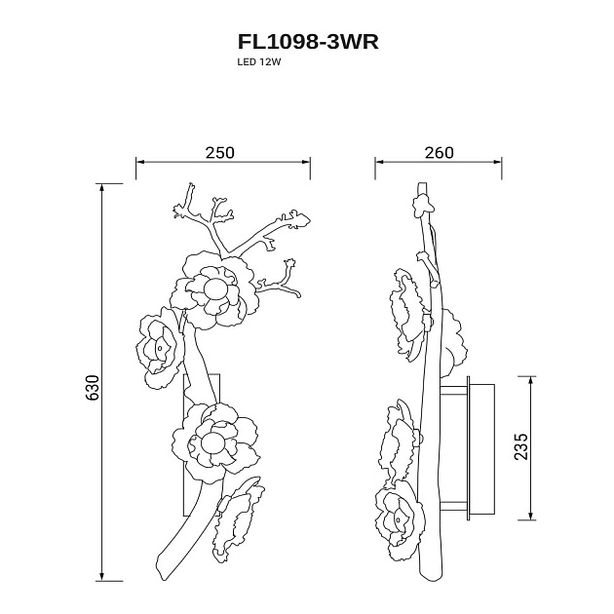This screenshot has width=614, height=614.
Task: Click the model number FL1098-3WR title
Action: click(308, 42)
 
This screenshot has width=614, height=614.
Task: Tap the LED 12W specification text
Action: click(259, 61)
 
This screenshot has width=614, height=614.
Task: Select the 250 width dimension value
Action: click(220, 153)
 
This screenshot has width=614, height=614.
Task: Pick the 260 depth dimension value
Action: click(440, 153)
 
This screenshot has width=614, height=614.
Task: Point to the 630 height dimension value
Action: click(93, 388)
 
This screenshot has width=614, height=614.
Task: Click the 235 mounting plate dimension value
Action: click(521, 446)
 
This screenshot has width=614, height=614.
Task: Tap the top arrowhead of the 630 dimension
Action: click(101, 187)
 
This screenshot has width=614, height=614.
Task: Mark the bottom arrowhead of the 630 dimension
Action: click(101, 577)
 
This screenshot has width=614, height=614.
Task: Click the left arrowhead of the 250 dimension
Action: click(140, 162)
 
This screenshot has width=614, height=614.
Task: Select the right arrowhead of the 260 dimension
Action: click(497, 162)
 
